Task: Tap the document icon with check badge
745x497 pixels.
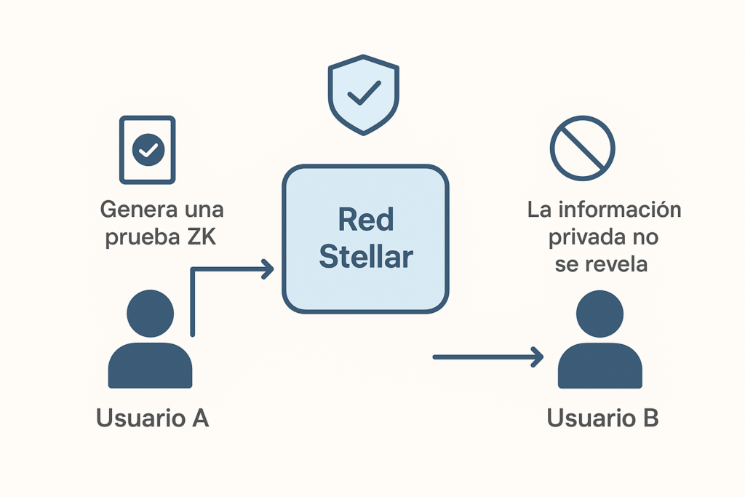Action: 148,149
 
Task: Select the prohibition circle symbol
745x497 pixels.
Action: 582,148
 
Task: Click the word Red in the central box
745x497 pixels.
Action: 365,219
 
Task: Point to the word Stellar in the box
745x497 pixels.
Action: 366,256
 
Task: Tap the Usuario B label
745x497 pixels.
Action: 602,418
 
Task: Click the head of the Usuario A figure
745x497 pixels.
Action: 150,313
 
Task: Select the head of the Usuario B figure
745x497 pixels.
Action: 599,313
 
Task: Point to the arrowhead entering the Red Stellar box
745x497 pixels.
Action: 268,270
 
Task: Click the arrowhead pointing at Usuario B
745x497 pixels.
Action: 538,357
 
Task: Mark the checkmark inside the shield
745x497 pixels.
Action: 364,92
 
